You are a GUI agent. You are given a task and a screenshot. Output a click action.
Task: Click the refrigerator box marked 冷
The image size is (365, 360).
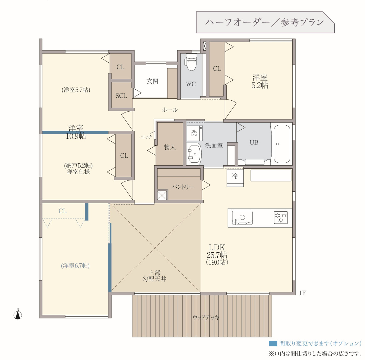pyautogui.click(x=235, y=178)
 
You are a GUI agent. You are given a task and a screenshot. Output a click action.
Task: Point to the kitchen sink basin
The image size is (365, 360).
pyautogui.click(x=242, y=218)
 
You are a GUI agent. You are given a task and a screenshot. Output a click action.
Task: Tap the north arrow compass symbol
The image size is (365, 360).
pyautogui.click(x=18, y=314)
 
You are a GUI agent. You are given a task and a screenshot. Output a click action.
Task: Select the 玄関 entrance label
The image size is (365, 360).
pyautogui.click(x=152, y=81)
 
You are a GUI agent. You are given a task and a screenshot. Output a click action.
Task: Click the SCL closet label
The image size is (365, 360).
pyautogui.click(x=121, y=96)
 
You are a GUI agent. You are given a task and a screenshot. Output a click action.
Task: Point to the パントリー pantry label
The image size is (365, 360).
pyautogui.click(x=183, y=187)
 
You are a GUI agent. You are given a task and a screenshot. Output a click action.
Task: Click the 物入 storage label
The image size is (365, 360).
pyautogui.click(x=170, y=147)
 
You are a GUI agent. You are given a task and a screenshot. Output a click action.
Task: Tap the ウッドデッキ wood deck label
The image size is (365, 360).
pyautogui.click(x=206, y=317)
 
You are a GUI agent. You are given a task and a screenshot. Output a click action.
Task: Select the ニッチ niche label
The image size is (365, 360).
pyautogui.click(x=146, y=137)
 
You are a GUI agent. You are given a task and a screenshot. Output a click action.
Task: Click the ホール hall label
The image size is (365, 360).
pyautogui.click(x=170, y=110)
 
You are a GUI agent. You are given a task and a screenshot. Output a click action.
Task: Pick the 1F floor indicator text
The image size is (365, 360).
pyautogui.click(x=303, y=293)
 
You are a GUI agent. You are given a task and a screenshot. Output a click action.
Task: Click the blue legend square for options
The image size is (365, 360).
pyautogui.click(x=273, y=343)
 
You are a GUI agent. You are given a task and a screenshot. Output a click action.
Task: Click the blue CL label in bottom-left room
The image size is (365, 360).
pyautogui.click(x=63, y=211)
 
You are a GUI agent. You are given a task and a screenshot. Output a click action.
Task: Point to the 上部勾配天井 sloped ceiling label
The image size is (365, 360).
pyautogui.click(x=154, y=276)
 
